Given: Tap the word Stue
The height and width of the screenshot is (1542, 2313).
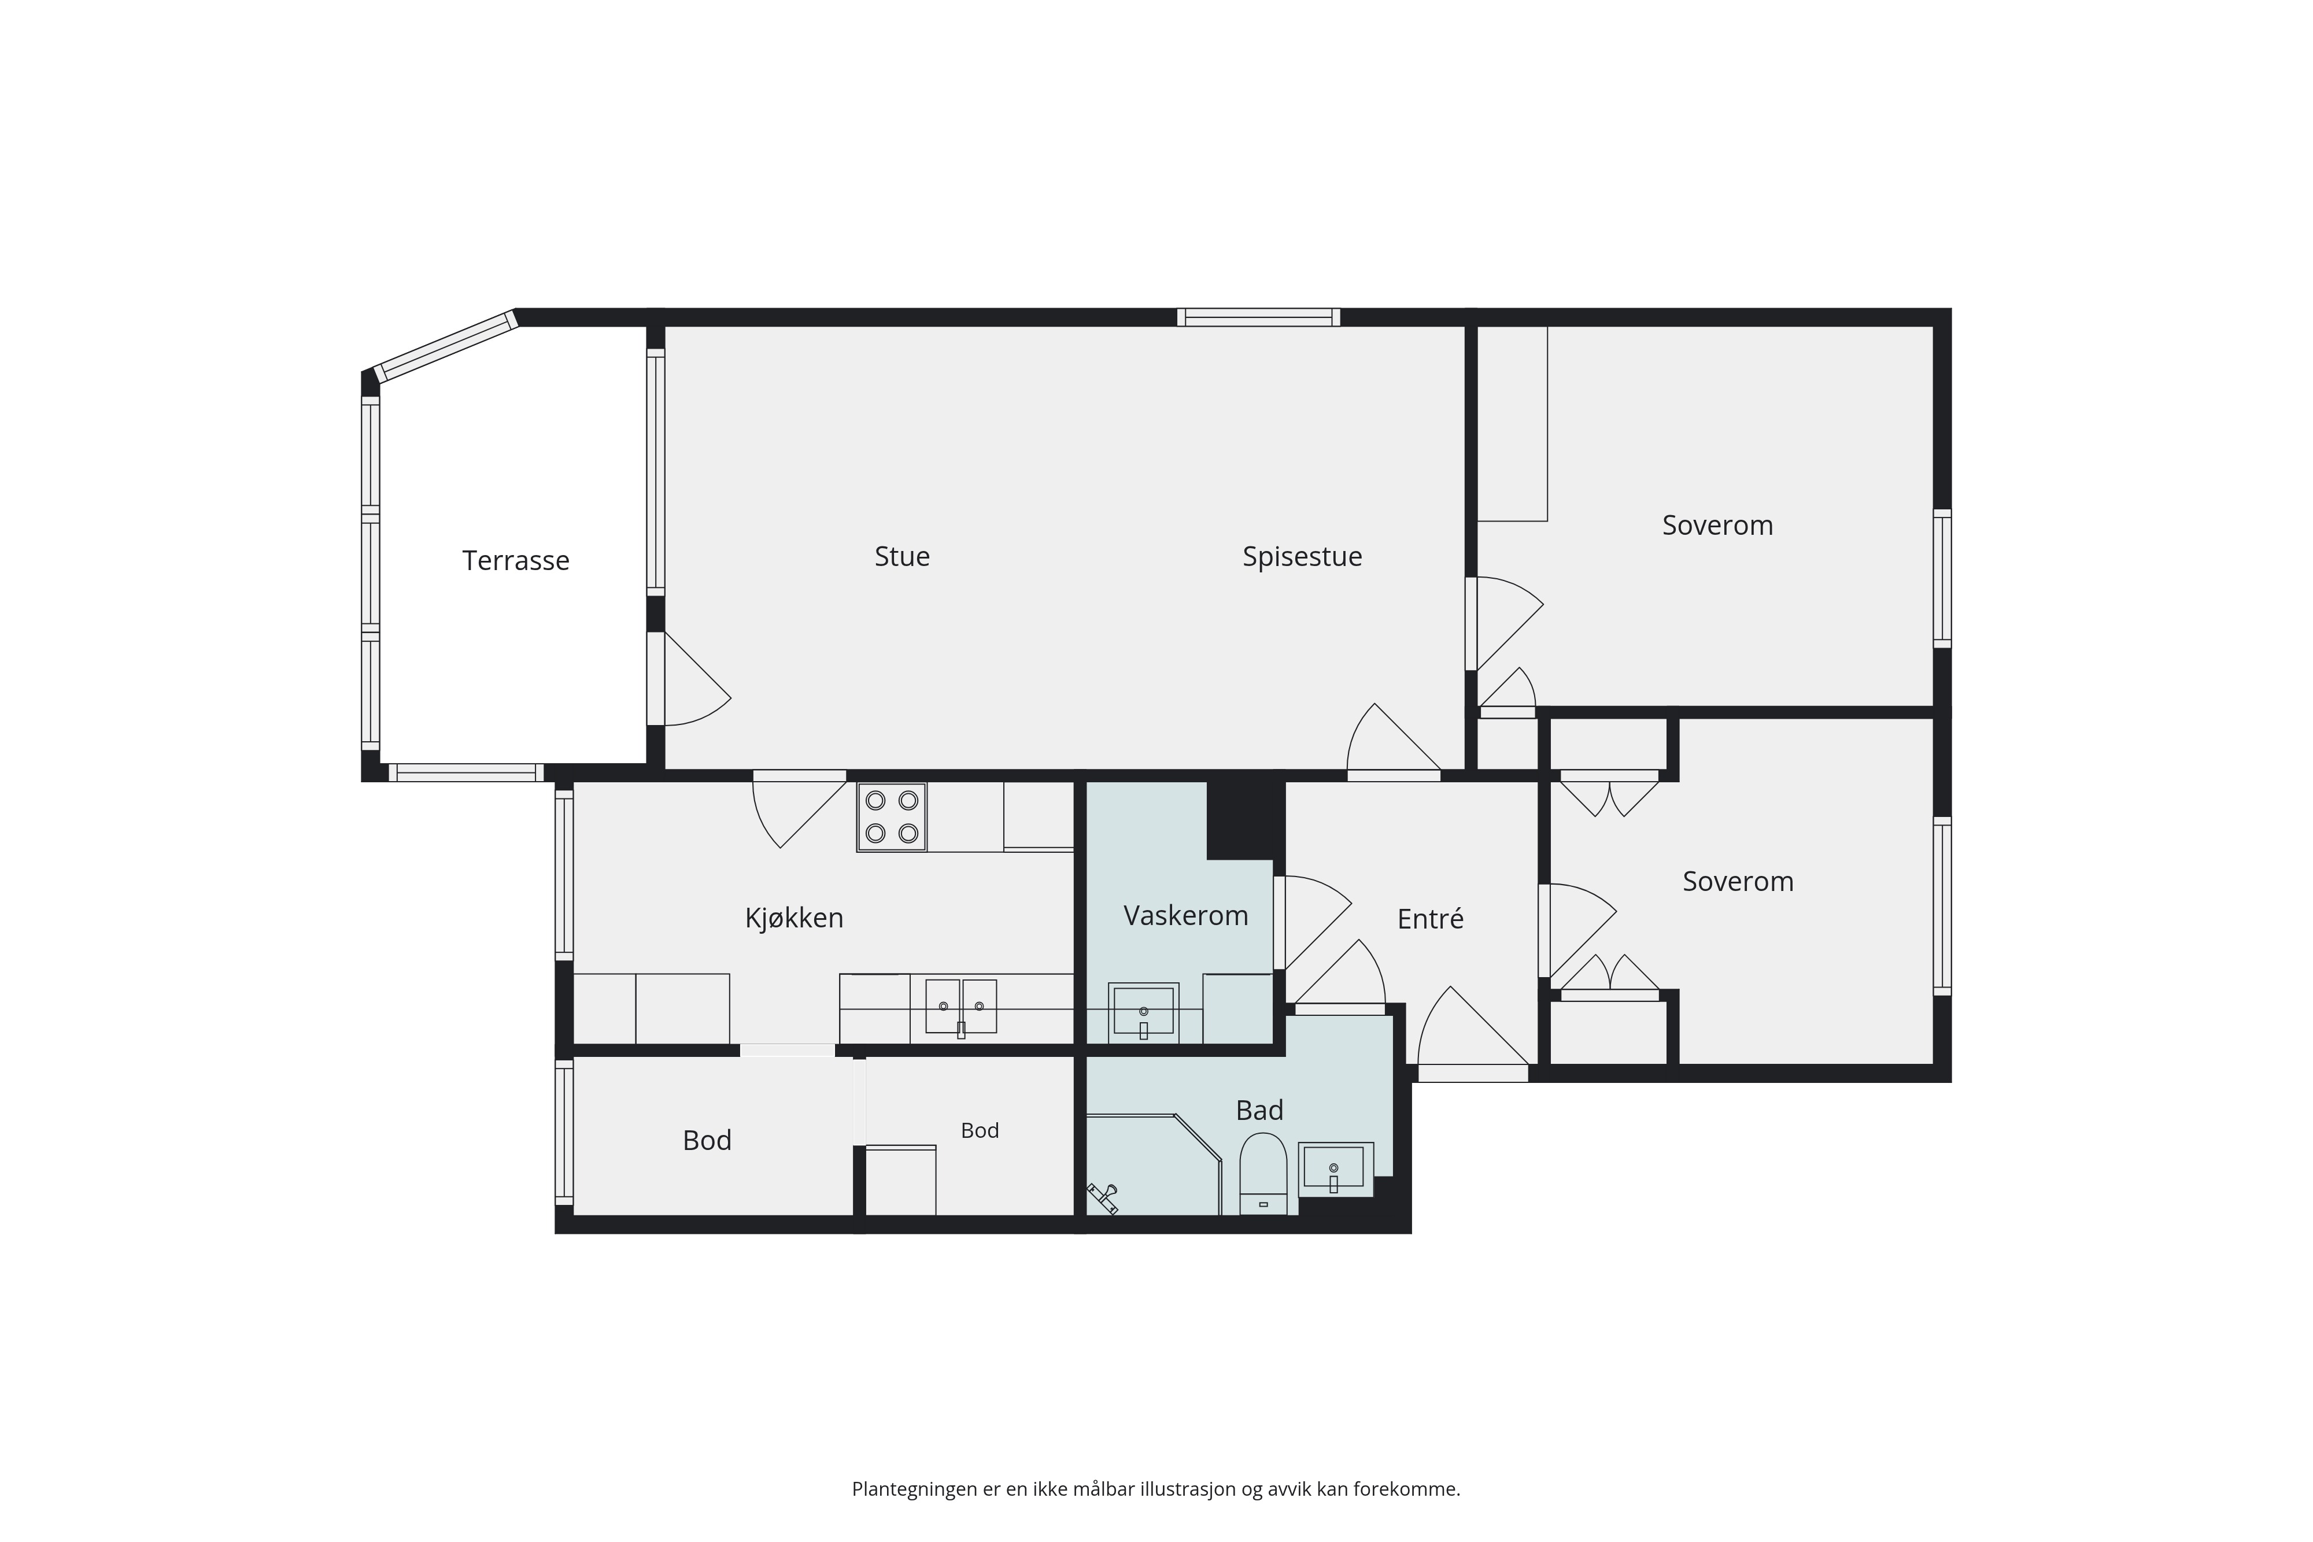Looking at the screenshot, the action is pos(902,557).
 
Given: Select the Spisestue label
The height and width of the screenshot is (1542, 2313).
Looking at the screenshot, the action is pos(1302,557).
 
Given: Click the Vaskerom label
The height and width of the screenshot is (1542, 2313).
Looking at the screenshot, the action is pos(1186,916).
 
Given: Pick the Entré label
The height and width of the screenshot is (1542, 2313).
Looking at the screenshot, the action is pos(1430,919).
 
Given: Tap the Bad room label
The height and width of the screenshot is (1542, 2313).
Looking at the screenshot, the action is pos(1260,1110).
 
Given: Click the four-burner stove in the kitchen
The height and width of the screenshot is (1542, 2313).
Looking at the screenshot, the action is pos(891,816).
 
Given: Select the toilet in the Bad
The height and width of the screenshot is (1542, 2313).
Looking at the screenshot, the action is pos(1263,1174).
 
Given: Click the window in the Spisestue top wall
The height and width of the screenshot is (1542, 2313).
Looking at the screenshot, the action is pos(1259,317).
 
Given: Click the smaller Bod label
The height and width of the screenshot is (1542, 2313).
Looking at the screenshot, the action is pos(980,1131).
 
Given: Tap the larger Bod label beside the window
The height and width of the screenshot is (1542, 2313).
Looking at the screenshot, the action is pos(707,1141).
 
